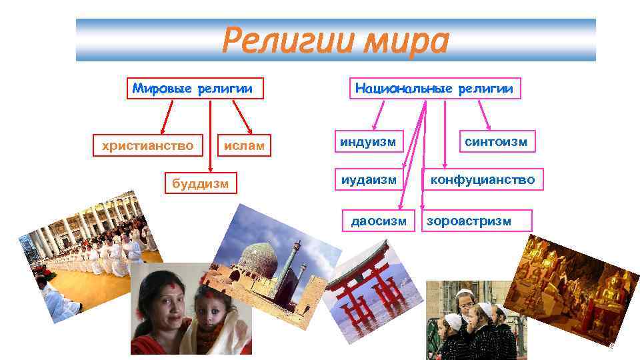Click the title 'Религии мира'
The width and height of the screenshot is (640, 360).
pos(335,41)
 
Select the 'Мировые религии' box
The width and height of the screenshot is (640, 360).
pos(193,89)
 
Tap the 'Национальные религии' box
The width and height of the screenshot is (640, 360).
pos(434,89)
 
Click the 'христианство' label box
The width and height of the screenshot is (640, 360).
pos(147,145)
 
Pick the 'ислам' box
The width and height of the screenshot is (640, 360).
pos(244,145)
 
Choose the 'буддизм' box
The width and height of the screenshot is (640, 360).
pos(201,181)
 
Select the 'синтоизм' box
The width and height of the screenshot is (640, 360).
pos(496,141)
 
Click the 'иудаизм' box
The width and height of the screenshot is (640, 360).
pos(369,179)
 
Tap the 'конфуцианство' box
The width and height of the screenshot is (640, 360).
pos(482,179)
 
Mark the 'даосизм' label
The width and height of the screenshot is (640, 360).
pos(379,221)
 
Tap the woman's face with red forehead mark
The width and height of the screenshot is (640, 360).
pos(163,294)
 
